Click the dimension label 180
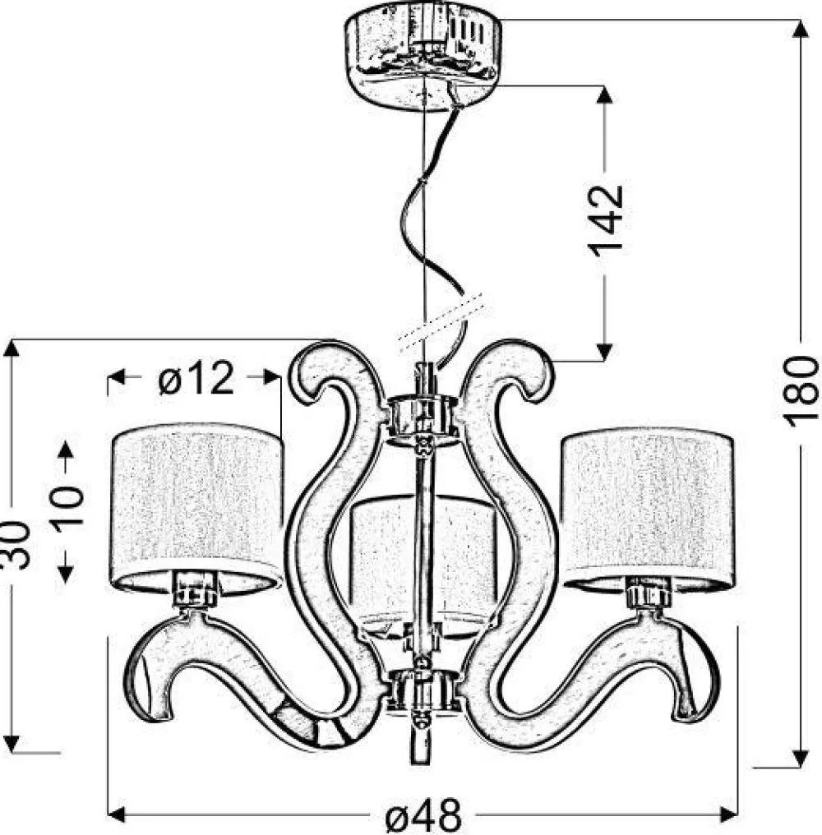801,391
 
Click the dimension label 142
605,220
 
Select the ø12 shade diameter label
196,377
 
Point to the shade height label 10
67,506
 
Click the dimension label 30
14,546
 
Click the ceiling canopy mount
423,56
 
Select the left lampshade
197,509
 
